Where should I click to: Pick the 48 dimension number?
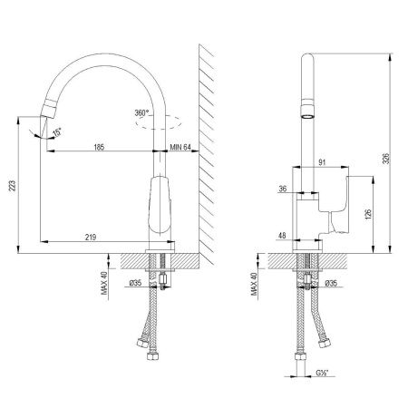(x=283, y=237)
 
